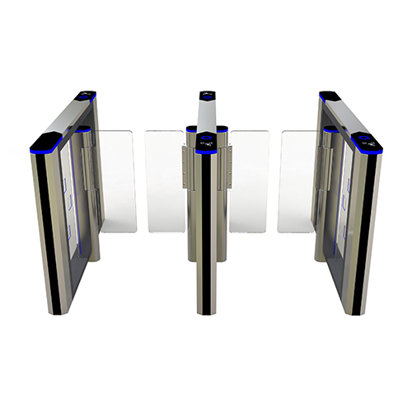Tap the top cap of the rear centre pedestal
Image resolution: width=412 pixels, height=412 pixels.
tap(206, 95)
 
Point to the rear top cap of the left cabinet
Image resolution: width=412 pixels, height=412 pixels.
tap(86, 96)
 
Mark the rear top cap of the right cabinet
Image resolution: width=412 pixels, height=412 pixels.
tap(328, 96)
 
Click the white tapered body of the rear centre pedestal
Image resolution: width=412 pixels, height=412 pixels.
tap(206, 114)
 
